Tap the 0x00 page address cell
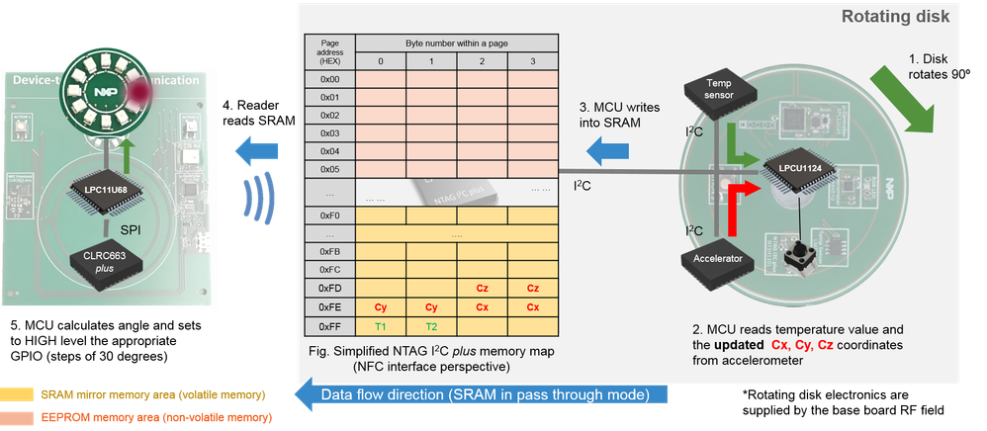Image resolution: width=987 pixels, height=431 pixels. click(330, 78)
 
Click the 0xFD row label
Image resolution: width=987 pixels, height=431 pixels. click(330, 288)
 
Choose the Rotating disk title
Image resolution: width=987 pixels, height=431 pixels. click(896, 16)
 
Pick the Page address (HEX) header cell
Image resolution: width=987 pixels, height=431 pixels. click(330, 50)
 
